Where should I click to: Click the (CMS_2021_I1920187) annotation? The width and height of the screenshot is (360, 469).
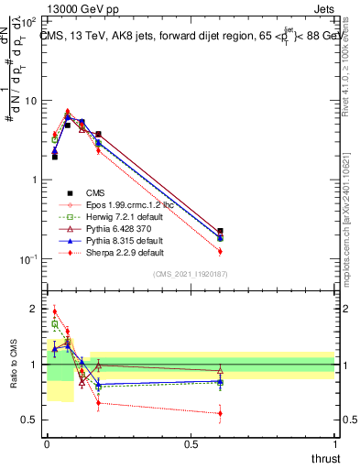tap(191, 274)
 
